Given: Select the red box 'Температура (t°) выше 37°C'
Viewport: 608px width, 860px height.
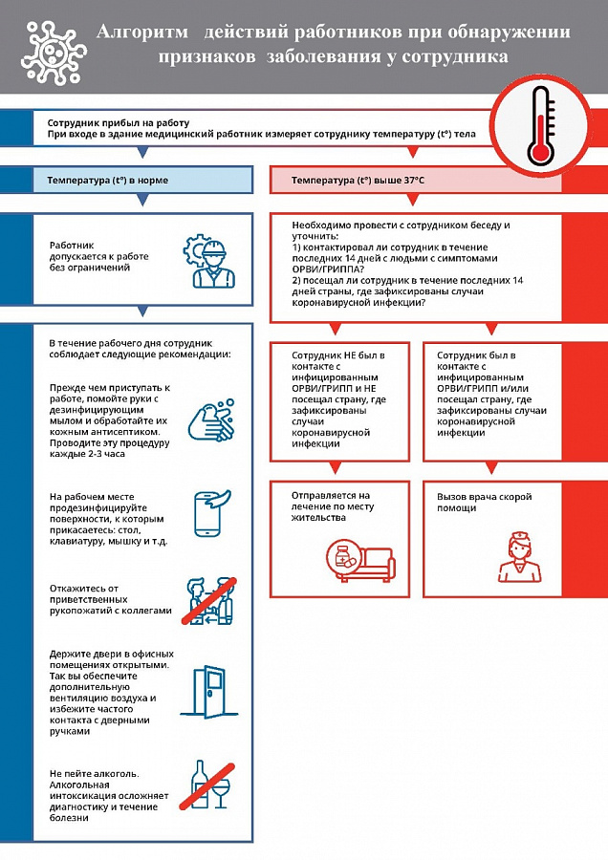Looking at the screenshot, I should coord(425,180).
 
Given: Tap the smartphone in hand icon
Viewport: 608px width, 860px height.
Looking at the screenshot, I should coord(213,513).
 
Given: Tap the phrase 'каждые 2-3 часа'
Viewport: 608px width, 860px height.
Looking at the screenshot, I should coord(92,454).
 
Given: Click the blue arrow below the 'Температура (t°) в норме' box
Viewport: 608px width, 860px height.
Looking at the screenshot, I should coord(142,201).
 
